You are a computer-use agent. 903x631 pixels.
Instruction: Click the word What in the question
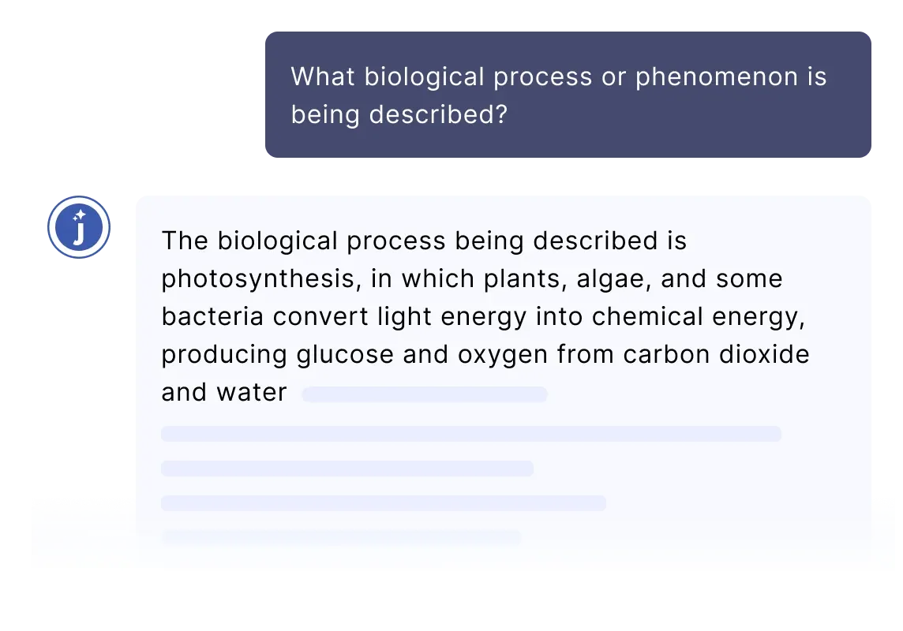tap(323, 77)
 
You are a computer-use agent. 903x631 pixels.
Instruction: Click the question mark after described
tap(501, 114)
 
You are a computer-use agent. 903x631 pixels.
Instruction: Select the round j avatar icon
tap(79, 227)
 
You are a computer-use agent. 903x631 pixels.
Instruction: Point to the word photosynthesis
tap(257, 279)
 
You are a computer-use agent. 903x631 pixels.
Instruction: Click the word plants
tap(521, 279)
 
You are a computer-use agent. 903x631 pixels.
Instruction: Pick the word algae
tap(610, 279)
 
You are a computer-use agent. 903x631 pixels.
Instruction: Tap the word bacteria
tap(212, 316)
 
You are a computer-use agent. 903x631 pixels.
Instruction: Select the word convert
tap(320, 317)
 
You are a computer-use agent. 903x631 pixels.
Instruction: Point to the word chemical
tap(647, 316)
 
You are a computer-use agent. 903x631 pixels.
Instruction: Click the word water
tap(252, 393)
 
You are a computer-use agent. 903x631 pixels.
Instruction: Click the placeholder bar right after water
tap(425, 394)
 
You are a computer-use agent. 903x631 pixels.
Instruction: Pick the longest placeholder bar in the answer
tap(471, 434)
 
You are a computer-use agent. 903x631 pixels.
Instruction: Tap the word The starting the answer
tap(185, 241)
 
